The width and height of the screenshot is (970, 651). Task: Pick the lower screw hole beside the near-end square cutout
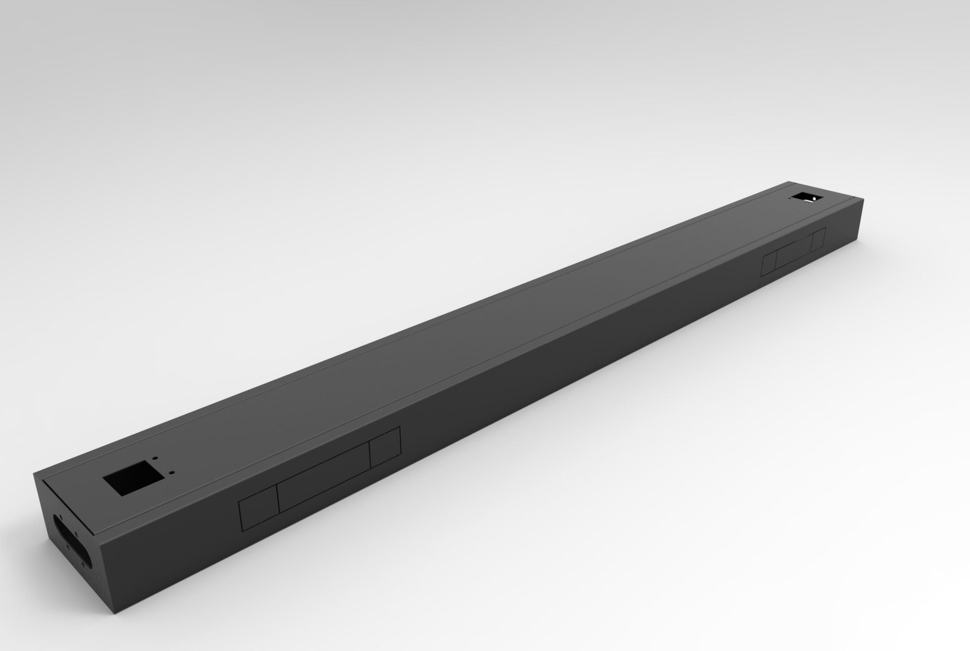pos(173,473)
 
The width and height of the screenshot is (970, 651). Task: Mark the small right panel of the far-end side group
pos(818,239)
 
